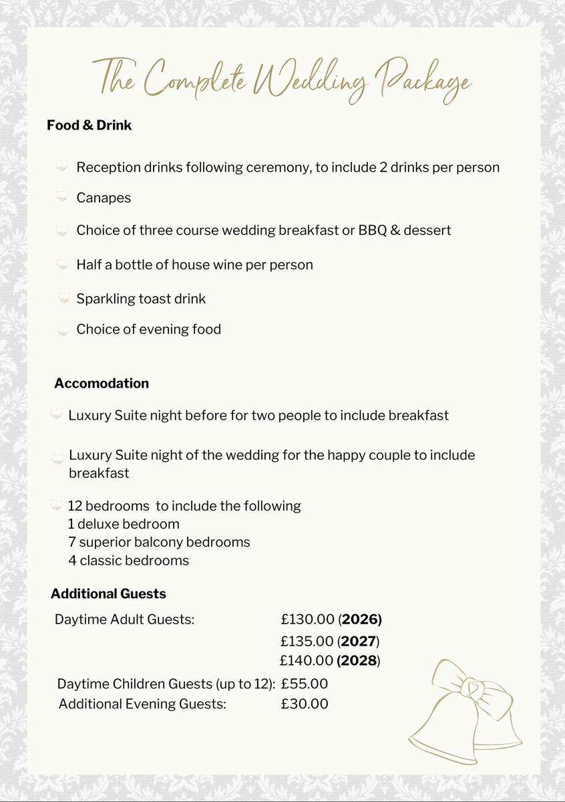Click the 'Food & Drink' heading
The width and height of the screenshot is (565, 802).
pos(89,125)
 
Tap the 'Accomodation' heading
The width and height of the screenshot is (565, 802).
pos(102,384)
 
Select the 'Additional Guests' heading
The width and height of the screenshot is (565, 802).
pos(108,593)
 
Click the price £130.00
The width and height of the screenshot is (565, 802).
pos(308,619)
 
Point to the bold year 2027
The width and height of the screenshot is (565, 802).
pos(359,642)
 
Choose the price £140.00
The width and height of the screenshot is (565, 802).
pos(307,661)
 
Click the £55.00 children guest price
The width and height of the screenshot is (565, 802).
pos(305,684)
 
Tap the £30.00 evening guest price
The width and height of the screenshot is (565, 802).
pos(305,704)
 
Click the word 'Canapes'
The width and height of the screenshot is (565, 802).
pos(104,198)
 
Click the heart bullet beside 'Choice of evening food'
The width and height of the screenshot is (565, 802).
pos(63,330)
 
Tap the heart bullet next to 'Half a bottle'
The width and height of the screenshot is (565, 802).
pos(63,265)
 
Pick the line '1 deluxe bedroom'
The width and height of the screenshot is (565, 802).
pos(124,524)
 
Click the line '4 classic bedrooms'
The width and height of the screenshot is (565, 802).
pos(128,560)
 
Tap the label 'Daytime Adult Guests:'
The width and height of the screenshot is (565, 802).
pos(124,619)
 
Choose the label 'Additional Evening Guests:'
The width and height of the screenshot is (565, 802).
pos(142,704)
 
